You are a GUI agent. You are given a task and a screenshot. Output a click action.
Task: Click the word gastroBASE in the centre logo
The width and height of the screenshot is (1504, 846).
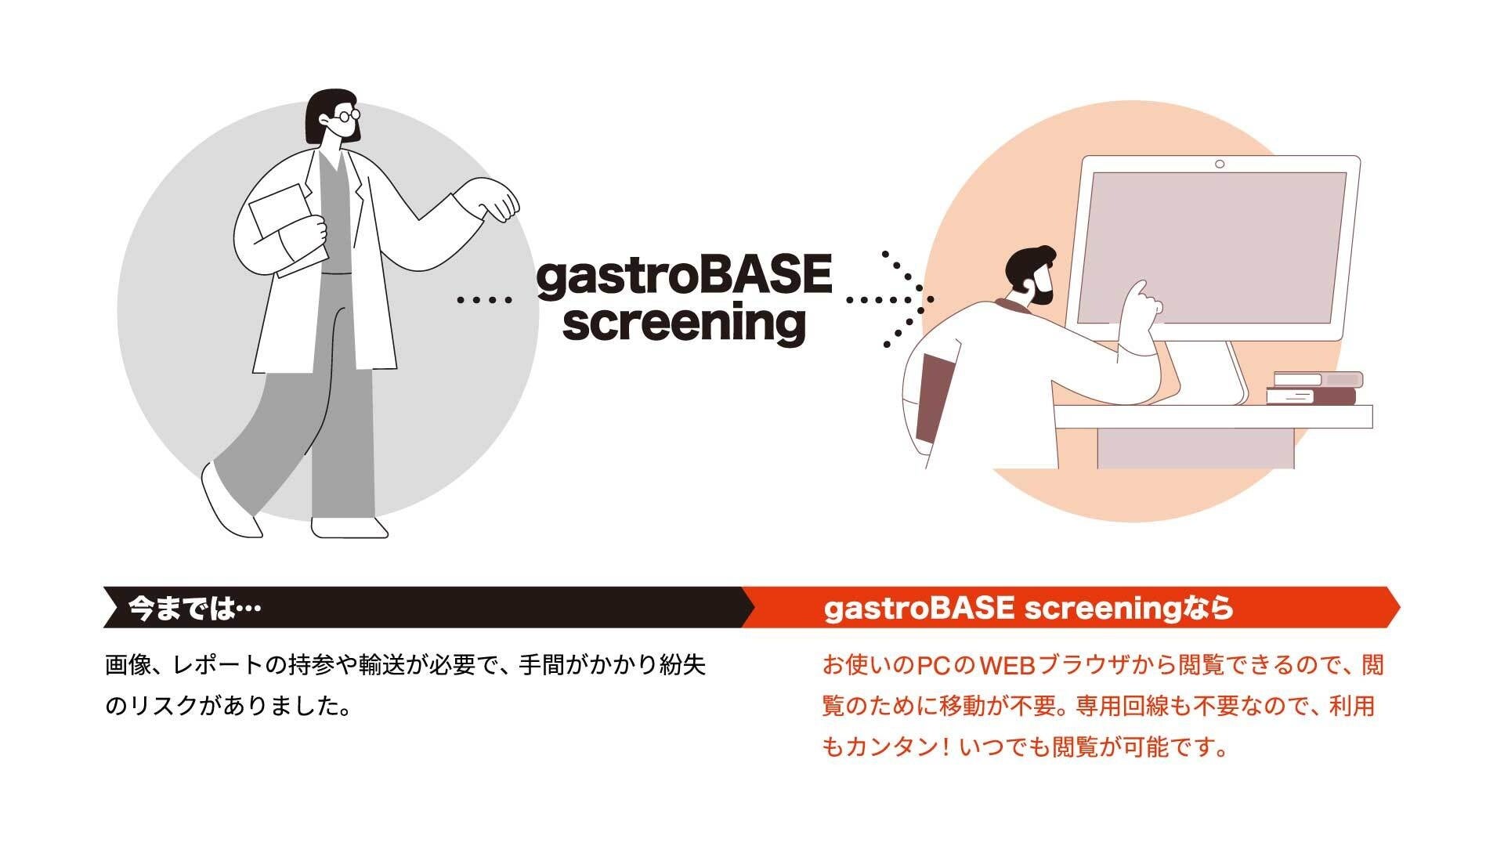pyautogui.click(x=684, y=277)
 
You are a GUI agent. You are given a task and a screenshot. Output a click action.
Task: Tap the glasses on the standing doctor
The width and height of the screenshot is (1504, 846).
pyautogui.click(x=345, y=117)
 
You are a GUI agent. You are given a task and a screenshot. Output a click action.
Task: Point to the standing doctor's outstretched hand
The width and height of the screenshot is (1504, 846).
pyautogui.click(x=493, y=199)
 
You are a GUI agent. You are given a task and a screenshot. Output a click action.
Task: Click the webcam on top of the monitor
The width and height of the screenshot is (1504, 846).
pyautogui.click(x=1220, y=164)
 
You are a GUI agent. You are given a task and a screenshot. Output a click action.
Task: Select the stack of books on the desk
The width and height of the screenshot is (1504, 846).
pyautogui.click(x=1314, y=389)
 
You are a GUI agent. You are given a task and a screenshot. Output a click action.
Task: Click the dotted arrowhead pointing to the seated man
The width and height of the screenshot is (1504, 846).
pyautogui.click(x=909, y=298)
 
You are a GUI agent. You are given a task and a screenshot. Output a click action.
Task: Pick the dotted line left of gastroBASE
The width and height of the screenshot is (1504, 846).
pyautogui.click(x=484, y=299)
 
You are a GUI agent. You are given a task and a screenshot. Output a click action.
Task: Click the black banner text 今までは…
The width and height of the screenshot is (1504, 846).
pyautogui.click(x=193, y=609)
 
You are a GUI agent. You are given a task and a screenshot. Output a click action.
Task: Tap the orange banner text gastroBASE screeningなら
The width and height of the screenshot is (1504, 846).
pyautogui.click(x=1029, y=608)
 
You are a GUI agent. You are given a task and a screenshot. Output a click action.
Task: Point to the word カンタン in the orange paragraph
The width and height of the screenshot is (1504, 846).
pyautogui.click(x=888, y=747)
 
